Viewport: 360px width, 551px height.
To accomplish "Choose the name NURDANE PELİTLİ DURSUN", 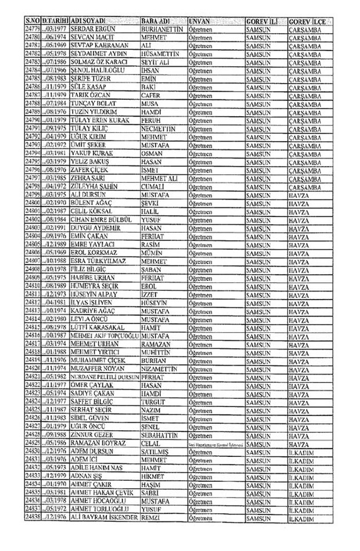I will [105, 377].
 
